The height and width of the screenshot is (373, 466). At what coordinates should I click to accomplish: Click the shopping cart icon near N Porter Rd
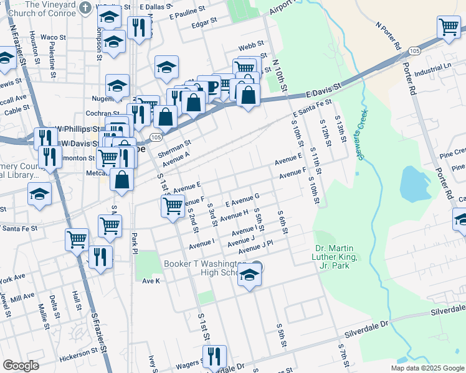(x=449, y=27)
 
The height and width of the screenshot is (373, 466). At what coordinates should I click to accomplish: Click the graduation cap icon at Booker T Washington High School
(x=249, y=275)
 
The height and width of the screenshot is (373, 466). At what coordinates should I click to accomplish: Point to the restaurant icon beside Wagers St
(x=214, y=356)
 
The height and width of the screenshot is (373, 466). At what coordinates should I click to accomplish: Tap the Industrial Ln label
(x=432, y=68)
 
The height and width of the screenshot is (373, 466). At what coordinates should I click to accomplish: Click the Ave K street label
(x=151, y=281)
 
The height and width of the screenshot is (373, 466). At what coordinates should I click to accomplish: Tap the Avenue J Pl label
(x=255, y=247)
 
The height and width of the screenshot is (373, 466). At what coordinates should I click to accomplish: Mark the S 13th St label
(x=340, y=129)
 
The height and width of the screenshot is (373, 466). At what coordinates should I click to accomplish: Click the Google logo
(x=21, y=366)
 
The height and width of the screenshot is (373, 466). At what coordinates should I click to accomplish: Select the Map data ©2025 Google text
(x=427, y=368)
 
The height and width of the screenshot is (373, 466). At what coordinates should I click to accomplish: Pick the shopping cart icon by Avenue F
(x=173, y=205)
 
